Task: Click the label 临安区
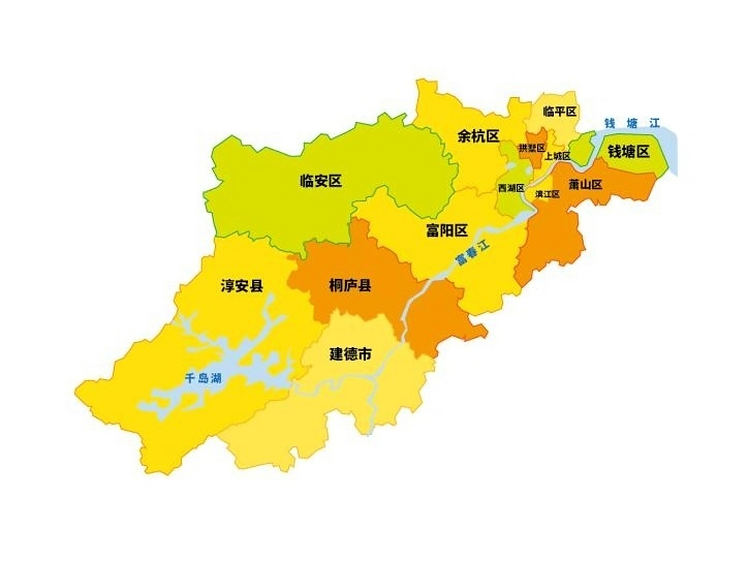pos(321,181)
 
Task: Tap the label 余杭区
pos(478,136)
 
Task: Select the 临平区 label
pos(560,111)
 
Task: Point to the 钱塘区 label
pos(628,152)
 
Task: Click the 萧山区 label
pos(585,185)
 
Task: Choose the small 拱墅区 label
pos(532,148)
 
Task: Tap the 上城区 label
pos(557,156)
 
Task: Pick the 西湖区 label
pos(511,188)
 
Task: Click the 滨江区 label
pos(547,194)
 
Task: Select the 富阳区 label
pos(447,230)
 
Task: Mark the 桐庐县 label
pos(350,286)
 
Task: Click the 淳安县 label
pos(242,286)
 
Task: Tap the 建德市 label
pos(351,354)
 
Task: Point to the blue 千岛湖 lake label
pos(203,378)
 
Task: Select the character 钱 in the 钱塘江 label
pos(610,124)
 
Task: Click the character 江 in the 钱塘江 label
pos(655,124)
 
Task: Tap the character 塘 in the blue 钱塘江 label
pos(632,124)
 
